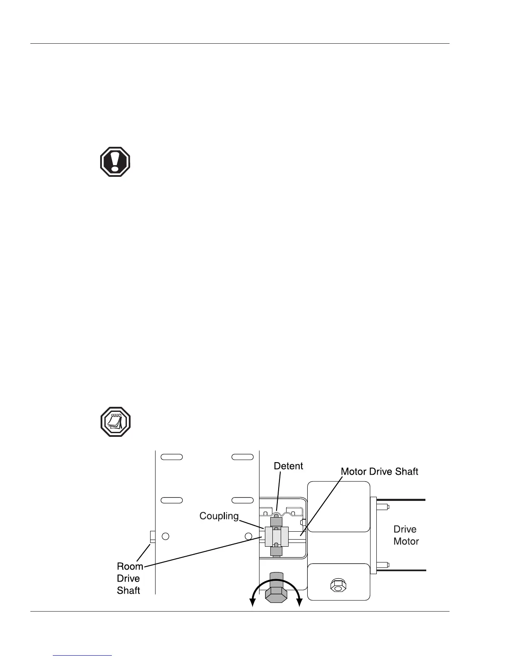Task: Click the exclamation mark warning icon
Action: click(x=115, y=162)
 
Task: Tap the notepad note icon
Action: click(x=116, y=422)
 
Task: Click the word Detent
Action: click(x=288, y=466)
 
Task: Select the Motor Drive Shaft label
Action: click(x=379, y=471)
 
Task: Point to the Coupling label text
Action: click(x=219, y=516)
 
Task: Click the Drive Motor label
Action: click(x=406, y=535)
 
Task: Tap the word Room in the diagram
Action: click(x=130, y=566)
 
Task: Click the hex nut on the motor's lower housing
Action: click(x=338, y=586)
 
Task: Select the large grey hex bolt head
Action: click(x=276, y=594)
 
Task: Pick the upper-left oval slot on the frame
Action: click(x=172, y=457)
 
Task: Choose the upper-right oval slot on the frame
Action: click(x=243, y=457)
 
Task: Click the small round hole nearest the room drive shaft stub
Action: click(x=166, y=536)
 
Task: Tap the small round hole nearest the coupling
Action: click(x=248, y=536)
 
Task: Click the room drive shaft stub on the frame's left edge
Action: click(x=152, y=537)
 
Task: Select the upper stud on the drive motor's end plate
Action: click(x=383, y=507)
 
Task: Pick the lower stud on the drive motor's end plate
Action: click(x=383, y=565)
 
